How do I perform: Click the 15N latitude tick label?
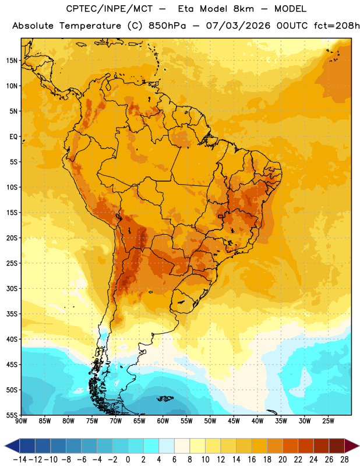[12, 61]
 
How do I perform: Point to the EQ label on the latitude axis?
[13, 137]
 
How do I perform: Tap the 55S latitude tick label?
[12, 415]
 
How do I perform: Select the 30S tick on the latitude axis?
[12, 288]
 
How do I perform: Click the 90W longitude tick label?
[21, 421]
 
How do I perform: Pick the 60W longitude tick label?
[163, 421]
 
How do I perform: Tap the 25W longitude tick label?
[328, 421]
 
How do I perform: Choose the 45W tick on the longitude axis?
[234, 421]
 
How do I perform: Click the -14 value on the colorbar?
[20, 460]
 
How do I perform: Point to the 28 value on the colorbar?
[344, 460]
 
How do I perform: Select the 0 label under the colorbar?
[128, 460]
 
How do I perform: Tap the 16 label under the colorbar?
[252, 460]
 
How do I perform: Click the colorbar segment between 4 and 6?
[167, 446]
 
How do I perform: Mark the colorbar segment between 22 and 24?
[306, 446]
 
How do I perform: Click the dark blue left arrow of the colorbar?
[12, 446]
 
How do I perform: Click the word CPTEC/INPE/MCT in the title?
[110, 9]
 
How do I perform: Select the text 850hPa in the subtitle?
[167, 26]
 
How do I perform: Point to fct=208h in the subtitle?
[337, 26]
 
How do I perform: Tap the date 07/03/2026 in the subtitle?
[238, 26]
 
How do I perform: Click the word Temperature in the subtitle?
[90, 26]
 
